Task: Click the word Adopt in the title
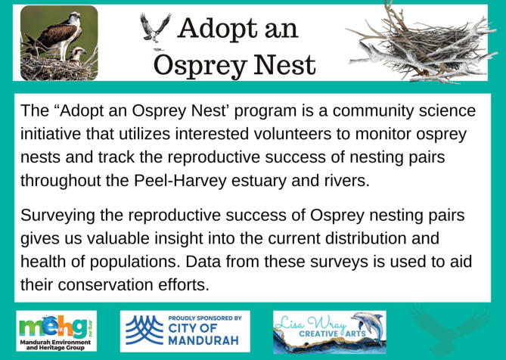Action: pos(219,29)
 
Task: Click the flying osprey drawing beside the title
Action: pos(155,28)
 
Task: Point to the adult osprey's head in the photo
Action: pos(74,17)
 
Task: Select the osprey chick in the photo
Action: pos(77,54)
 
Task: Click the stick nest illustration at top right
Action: pos(423,45)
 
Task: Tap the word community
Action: pos(373,110)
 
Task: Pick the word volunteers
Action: pos(293,134)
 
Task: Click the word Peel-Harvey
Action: pos(181,181)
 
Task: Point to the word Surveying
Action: pos(57,216)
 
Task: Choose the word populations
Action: pos(135,262)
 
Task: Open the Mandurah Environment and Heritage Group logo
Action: pos(57,331)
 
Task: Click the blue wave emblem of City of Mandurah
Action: pos(144,330)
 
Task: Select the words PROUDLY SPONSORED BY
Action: pos(205,318)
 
